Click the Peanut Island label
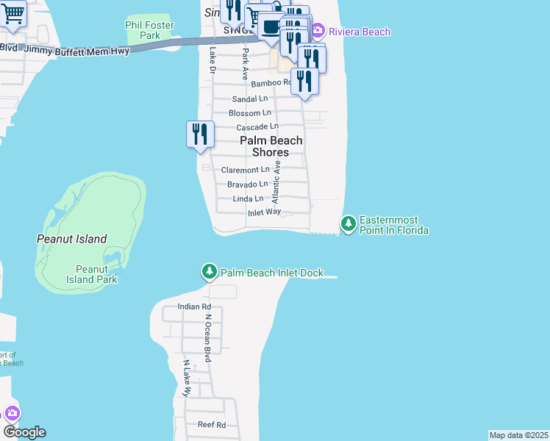(x=72, y=239)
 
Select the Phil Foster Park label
(x=143, y=29)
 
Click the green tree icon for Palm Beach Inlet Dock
(x=210, y=272)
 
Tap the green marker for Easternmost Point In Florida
(x=349, y=222)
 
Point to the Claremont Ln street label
(x=246, y=170)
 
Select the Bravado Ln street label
(x=247, y=184)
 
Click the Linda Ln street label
(x=248, y=198)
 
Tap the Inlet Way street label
(x=264, y=212)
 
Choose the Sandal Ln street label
(x=250, y=98)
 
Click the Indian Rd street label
(x=195, y=306)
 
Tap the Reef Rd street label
(x=211, y=424)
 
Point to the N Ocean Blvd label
(x=208, y=339)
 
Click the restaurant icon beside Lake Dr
(x=200, y=135)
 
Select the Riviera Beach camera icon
(x=318, y=32)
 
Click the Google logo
(x=24, y=432)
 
